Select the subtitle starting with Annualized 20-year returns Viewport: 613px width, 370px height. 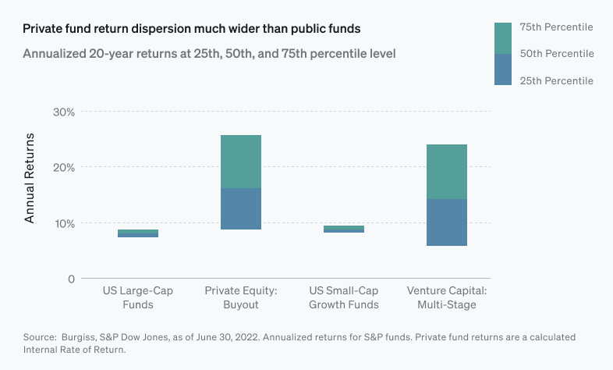[x=209, y=55]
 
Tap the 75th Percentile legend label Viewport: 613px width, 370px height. [x=557, y=27]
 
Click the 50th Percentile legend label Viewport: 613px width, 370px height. [x=557, y=54]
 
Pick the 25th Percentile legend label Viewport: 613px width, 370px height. [x=557, y=81]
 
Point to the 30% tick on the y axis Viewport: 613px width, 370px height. [x=63, y=112]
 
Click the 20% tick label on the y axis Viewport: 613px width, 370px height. [x=63, y=167]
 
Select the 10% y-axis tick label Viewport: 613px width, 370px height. [x=63, y=223]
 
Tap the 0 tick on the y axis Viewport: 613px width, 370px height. [x=72, y=279]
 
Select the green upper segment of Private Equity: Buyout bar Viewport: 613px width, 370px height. [x=241, y=162]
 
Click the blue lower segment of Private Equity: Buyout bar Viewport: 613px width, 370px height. [x=241, y=208]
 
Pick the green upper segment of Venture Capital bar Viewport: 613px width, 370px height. [x=447, y=172]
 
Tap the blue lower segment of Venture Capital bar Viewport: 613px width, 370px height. [x=447, y=222]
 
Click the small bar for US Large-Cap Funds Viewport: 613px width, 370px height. [x=138, y=233]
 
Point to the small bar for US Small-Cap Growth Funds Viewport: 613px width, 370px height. [x=344, y=229]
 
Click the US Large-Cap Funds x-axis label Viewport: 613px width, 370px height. [x=138, y=297]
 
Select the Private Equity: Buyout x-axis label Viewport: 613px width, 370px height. [x=241, y=297]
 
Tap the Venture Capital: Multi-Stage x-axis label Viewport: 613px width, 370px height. [x=447, y=297]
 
